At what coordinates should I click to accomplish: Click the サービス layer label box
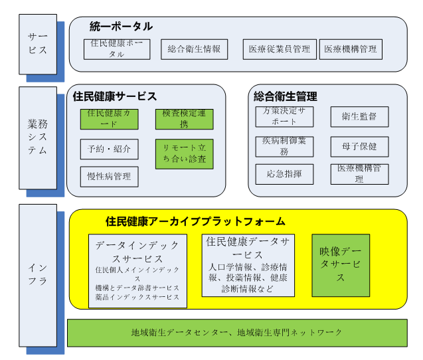[37, 43]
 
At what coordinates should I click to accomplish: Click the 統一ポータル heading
[121, 27]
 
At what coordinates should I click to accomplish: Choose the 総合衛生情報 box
[194, 48]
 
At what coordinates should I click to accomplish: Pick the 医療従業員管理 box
[279, 49]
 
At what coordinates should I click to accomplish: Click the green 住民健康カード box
[109, 119]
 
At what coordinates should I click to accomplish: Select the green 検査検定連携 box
[184, 119]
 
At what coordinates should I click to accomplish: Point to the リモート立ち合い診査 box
[184, 153]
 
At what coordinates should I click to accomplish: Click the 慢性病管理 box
[109, 177]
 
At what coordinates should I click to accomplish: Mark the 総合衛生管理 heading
[286, 96]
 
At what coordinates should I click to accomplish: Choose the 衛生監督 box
[359, 116]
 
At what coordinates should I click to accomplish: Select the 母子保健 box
[359, 146]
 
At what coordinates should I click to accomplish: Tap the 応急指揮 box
[284, 174]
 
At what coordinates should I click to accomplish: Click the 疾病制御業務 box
[284, 146]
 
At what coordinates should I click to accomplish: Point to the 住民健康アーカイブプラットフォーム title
[195, 221]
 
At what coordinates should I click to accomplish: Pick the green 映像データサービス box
[341, 264]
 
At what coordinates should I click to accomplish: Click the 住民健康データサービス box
[248, 264]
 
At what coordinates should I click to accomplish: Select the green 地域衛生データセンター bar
[237, 332]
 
